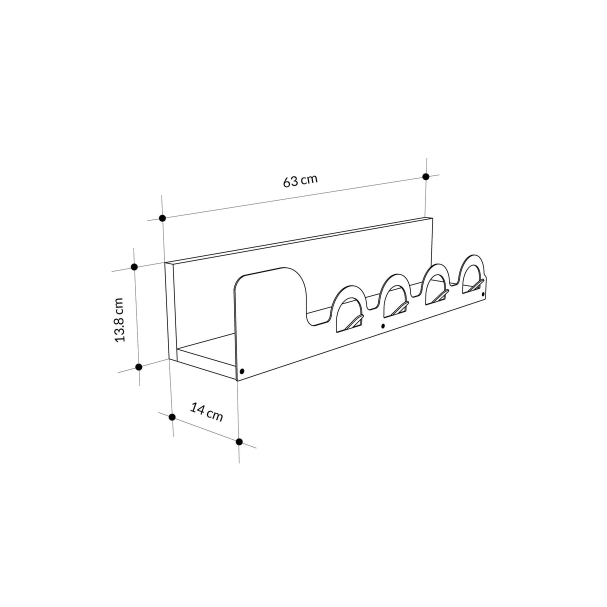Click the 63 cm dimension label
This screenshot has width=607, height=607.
point(300,180)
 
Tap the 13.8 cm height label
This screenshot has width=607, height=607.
point(119,319)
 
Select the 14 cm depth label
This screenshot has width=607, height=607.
point(206,412)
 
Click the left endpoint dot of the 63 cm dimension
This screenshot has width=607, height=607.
point(162,218)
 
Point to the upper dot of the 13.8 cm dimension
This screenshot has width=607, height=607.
point(134,267)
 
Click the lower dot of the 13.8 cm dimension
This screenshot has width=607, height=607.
point(139,366)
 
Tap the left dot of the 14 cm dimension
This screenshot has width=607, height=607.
point(172,416)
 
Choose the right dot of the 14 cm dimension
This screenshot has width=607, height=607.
point(239,441)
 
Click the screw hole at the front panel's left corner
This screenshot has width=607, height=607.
point(242,371)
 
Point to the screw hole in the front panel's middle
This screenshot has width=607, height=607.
point(383,326)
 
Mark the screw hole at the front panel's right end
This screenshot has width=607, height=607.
point(483,294)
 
